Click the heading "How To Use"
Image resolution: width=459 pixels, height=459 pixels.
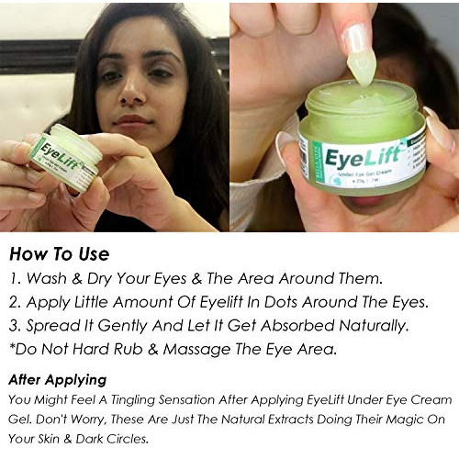tap(60, 252)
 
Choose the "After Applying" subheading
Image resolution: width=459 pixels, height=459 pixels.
tap(58, 379)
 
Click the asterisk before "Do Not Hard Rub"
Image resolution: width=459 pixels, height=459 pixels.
tap(12, 347)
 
